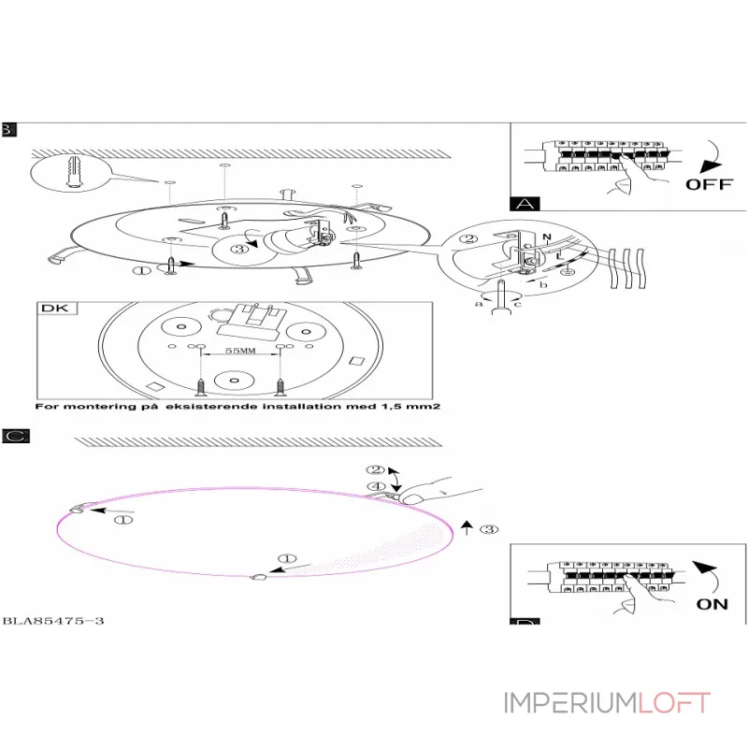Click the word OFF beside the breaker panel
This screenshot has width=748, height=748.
coord(709,183)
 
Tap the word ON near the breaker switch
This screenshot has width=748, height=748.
coord(712,603)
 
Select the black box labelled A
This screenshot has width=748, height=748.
coord(523,203)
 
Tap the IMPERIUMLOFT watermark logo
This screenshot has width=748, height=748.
coord(607,703)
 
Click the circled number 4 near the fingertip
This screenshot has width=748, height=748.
coord(376,486)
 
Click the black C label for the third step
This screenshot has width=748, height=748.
coord(13,436)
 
